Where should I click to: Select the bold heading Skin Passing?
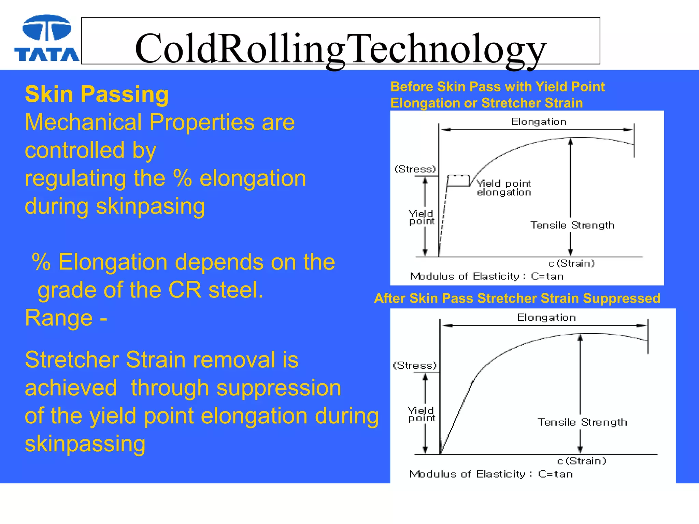(x=97, y=94)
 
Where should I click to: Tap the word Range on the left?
(x=59, y=318)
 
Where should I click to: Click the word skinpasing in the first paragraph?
(x=150, y=206)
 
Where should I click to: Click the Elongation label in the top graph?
(x=538, y=122)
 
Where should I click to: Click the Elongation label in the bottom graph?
(x=546, y=318)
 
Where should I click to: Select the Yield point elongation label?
(x=503, y=188)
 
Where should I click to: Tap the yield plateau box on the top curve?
(x=458, y=181)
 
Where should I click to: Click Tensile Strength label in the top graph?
(x=572, y=225)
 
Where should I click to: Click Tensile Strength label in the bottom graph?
(x=582, y=422)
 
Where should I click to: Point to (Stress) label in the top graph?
(x=415, y=169)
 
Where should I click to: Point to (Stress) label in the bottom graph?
(x=414, y=366)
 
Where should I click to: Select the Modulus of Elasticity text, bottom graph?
(x=491, y=474)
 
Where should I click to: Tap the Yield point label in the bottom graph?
(x=422, y=414)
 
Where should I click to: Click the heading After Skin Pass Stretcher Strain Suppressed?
(x=517, y=298)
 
